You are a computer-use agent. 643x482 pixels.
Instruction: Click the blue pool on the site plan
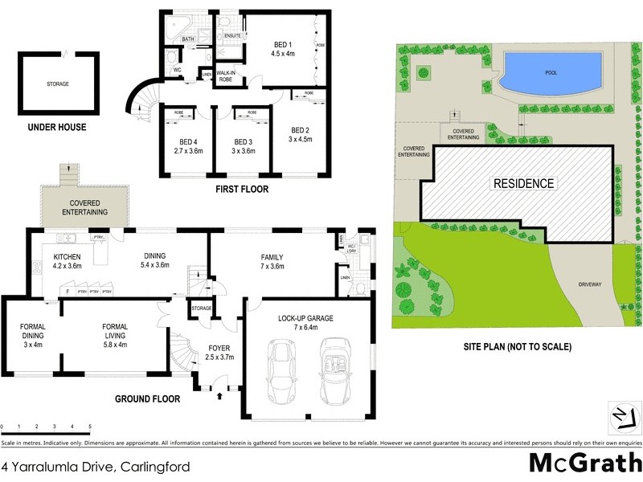[551, 73]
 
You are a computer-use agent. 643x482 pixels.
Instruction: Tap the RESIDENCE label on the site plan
[523, 183]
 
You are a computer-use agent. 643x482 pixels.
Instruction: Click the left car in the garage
[282, 373]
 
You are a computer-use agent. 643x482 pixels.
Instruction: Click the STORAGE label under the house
[58, 84]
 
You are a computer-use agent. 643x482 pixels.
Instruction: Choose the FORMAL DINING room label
[32, 331]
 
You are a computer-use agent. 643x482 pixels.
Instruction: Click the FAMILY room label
[272, 257]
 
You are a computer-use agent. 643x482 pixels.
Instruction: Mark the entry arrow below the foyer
[220, 394]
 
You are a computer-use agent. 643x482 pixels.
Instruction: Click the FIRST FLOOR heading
[241, 190]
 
